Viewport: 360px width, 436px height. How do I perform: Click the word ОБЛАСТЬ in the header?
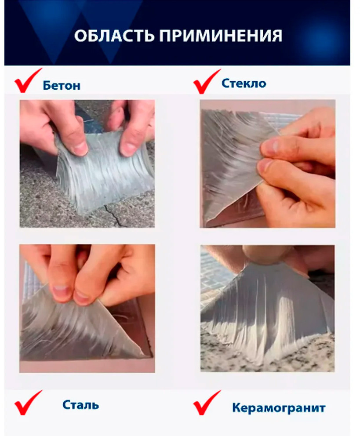[114, 36]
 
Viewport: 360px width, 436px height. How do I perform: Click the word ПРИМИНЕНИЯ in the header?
[221, 36]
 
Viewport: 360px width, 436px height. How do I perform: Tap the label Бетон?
[62, 85]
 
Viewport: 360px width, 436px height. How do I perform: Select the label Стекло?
[244, 83]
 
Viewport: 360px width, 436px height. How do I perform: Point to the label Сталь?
[80, 405]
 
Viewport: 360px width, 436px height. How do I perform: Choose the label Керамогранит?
[279, 408]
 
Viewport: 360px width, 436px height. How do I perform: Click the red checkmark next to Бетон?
[28, 80]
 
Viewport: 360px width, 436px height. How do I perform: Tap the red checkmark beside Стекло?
[207, 81]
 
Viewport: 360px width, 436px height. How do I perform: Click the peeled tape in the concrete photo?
[103, 172]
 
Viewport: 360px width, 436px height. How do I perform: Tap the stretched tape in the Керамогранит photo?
[267, 309]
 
